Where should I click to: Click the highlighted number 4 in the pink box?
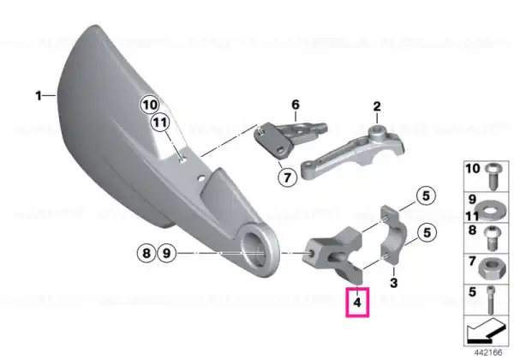(357, 303)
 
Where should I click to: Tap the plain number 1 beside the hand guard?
(39, 96)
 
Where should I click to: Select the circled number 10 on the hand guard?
(150, 105)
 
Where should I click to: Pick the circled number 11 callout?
(160, 123)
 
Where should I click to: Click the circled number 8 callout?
(146, 253)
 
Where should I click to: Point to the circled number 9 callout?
(167, 253)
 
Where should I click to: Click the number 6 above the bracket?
(296, 105)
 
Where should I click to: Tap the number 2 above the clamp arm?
(377, 106)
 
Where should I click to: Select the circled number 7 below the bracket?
(287, 177)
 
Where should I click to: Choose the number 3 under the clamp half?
(394, 282)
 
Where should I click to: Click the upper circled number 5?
(426, 196)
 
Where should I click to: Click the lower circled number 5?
(427, 233)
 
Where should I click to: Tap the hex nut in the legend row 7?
(492, 268)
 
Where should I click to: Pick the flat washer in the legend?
(489, 208)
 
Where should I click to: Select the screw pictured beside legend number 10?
(493, 176)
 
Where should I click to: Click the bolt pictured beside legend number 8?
(492, 237)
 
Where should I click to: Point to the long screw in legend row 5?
(492, 299)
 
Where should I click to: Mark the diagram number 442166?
(488, 353)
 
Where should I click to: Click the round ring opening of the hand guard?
(259, 252)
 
